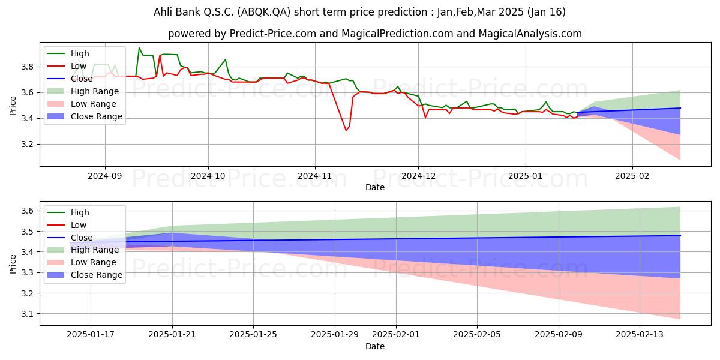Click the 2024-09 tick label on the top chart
[105, 176]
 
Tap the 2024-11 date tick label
[314, 176]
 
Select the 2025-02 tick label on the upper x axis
[632, 176]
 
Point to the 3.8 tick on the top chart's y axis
[28, 67]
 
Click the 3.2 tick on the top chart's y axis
[28, 145]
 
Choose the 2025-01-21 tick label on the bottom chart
[172, 335]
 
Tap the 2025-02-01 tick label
[395, 335]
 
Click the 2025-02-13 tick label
[640, 335]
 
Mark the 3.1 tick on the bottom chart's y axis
[28, 314]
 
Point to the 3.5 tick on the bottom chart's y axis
[28, 232]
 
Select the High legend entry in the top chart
[68, 53]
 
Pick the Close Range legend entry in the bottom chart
[85, 275]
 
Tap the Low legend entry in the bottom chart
[67, 225]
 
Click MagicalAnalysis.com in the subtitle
[530, 34]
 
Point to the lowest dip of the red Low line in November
[346, 131]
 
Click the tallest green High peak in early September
[139, 48]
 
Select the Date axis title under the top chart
[375, 187]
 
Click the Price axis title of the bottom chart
[13, 264]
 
